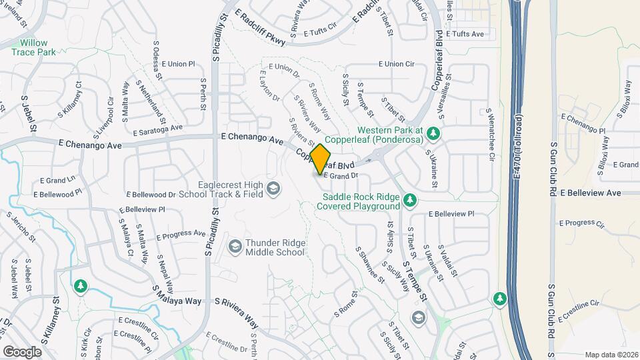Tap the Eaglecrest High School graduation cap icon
tap(273, 190)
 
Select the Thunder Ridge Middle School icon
tap(234, 247)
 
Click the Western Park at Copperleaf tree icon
tap(433, 133)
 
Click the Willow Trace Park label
tap(33, 47)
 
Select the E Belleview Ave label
tap(591, 193)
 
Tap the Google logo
tap(23, 351)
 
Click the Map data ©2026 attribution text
tap(612, 355)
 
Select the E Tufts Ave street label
tap(465, 33)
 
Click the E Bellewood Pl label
tap(61, 192)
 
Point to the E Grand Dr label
tap(341, 175)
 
